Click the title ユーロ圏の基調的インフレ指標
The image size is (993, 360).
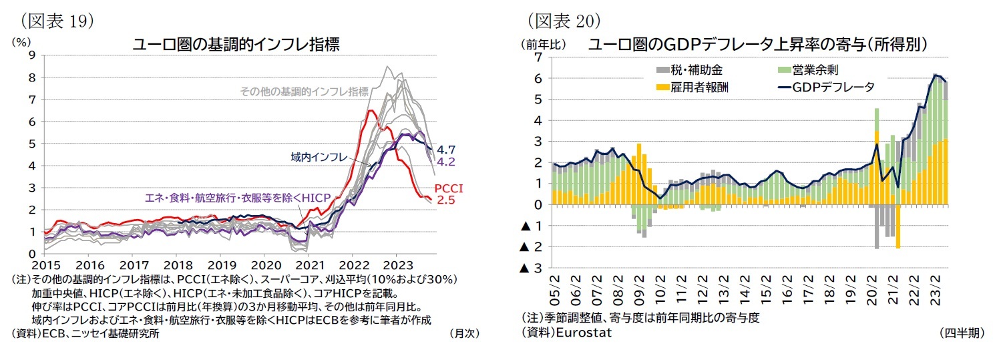[x=236, y=45]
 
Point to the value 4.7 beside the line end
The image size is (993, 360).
[x=445, y=150]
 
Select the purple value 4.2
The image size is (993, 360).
[x=445, y=162]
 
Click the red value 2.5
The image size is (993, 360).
[x=445, y=200]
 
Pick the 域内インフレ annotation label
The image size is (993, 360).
[x=319, y=157]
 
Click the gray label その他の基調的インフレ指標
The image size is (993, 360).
[x=304, y=92]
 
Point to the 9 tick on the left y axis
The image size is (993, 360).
[x=31, y=56]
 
